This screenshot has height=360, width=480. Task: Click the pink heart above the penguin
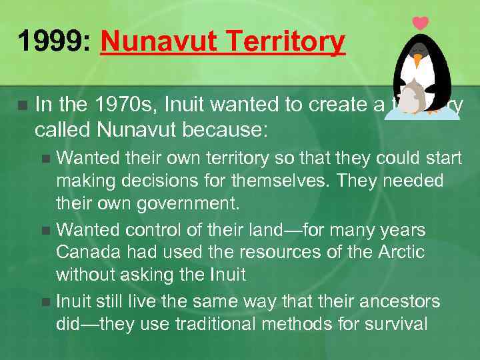[x=420, y=23]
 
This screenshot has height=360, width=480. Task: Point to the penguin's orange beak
[x=418, y=61]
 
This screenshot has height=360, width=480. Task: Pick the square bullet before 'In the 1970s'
[x=23, y=105]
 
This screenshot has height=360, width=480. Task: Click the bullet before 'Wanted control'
[x=46, y=231]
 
